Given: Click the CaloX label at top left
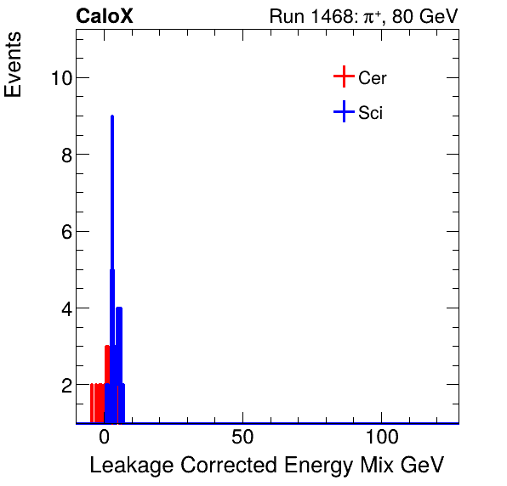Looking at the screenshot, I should pos(105,16).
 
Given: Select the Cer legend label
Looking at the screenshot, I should pos(373,78).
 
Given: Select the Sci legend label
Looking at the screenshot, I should pos(371,112).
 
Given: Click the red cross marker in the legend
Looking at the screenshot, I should pos(343,77).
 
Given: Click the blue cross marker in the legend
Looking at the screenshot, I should pos(343,111).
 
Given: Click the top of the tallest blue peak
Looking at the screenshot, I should pos(112,117).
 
